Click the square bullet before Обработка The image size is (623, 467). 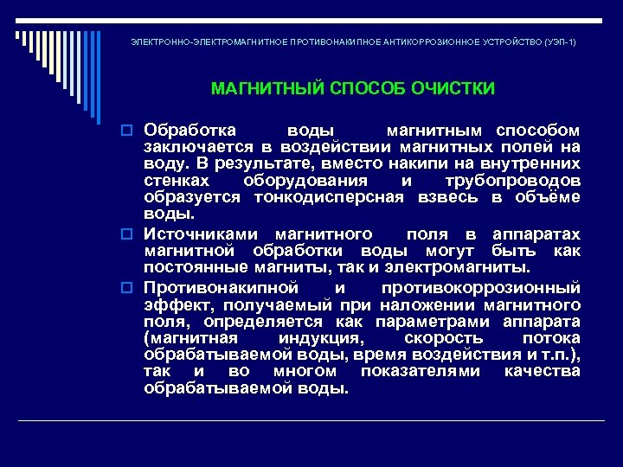(134, 131)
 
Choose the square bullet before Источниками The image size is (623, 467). (134, 235)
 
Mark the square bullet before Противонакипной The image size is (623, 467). (134, 288)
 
